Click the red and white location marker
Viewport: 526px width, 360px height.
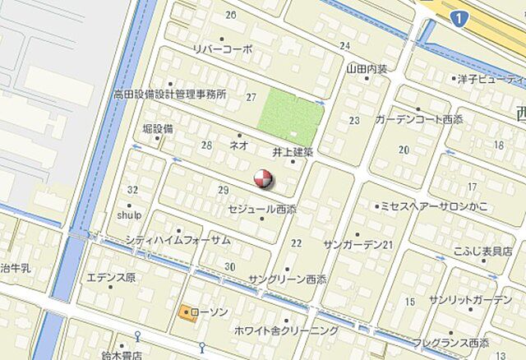262,178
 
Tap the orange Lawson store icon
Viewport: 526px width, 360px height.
184,312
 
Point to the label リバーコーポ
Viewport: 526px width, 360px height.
222,49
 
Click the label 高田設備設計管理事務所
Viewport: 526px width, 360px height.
170,95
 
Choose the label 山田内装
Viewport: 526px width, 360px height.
367,69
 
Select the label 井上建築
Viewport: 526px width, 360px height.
293,152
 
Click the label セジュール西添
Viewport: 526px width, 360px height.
264,209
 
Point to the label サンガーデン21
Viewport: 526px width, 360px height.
359,246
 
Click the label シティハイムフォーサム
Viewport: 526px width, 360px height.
178,240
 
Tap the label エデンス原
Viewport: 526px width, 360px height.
111,276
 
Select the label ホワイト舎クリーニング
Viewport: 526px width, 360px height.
285,330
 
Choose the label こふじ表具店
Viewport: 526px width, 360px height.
482,251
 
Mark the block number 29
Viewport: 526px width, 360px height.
223,191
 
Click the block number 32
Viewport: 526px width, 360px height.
133,190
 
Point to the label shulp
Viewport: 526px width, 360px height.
129,215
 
